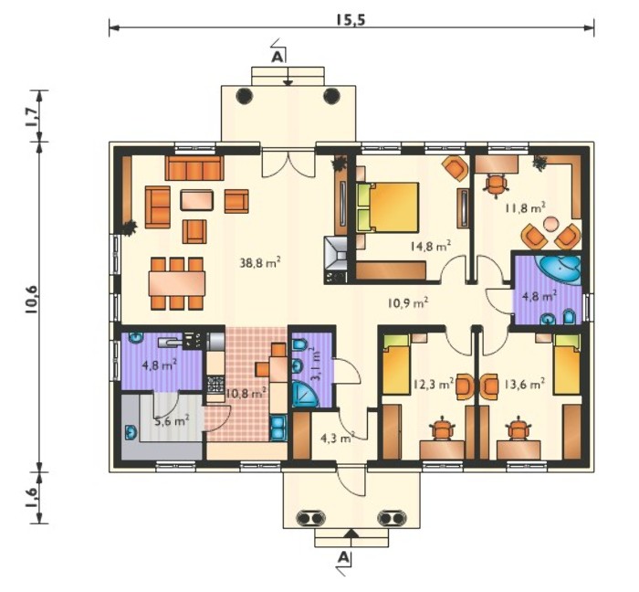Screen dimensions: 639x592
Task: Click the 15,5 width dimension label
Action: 350,20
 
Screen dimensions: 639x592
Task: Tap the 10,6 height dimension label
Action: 31,300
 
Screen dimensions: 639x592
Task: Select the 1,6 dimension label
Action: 32,497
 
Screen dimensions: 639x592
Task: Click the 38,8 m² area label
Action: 261,262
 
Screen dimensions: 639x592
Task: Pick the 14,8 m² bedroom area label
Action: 431,247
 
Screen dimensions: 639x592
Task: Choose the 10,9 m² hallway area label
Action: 407,302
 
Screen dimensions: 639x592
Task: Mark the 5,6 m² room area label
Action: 172,420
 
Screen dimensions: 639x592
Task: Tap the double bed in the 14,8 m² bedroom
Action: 388,207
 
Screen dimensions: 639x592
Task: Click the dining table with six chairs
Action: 177,283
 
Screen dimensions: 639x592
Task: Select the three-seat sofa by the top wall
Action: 194,167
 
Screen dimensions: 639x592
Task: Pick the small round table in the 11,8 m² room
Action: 550,225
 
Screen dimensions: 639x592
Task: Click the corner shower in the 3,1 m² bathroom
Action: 305,394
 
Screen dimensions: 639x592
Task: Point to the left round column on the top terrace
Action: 244,97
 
